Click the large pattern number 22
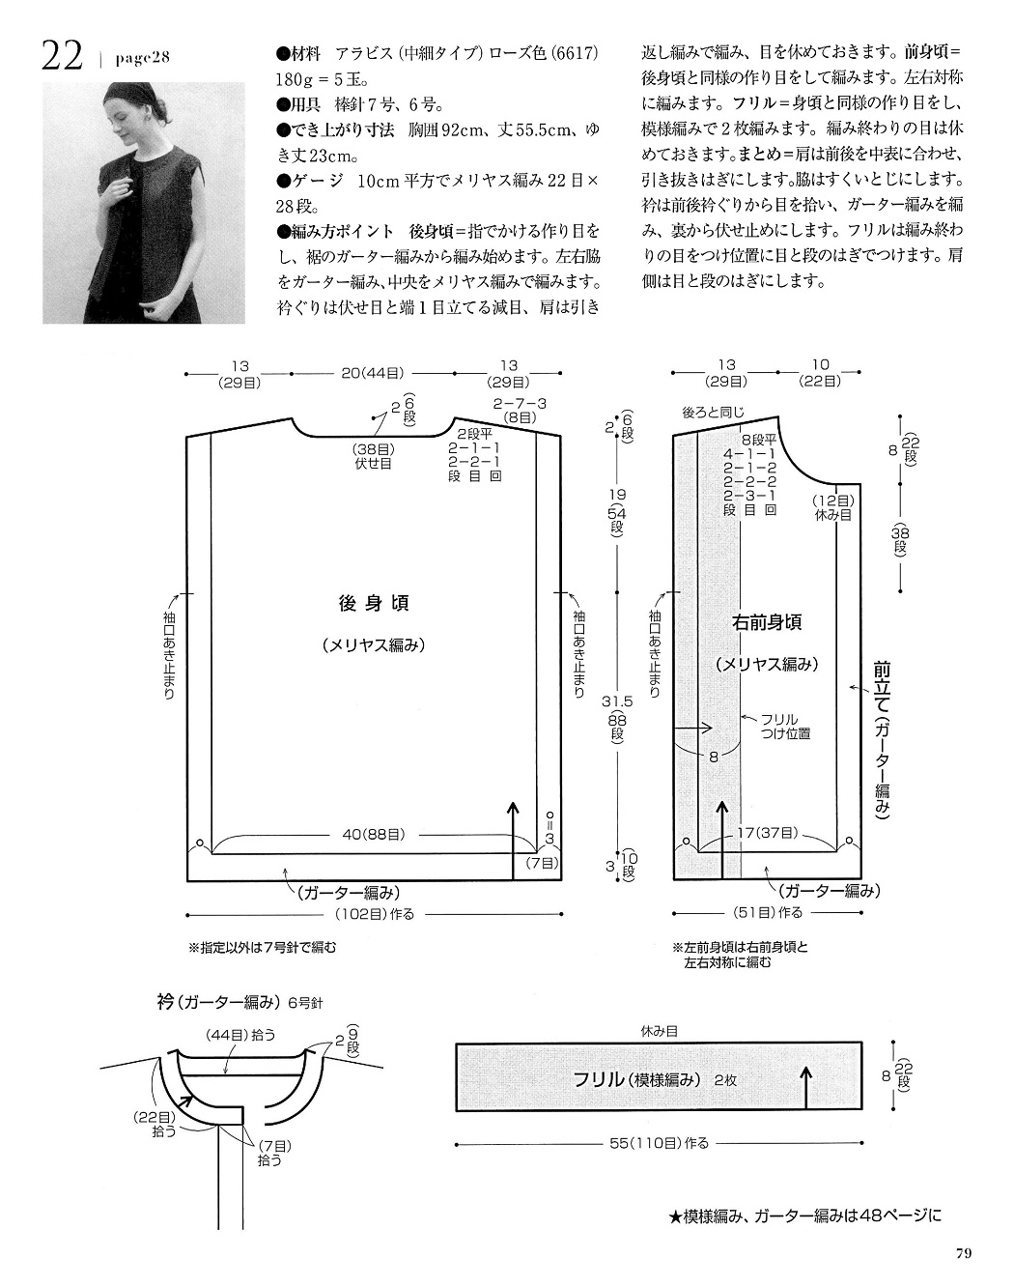tap(62, 57)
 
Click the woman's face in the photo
tap(129, 122)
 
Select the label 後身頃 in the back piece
tap(374, 604)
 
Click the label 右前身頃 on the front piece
tap(767, 622)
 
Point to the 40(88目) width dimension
tap(374, 834)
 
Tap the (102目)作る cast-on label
tap(375, 914)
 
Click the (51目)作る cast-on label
tap(768, 913)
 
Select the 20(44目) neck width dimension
tap(373, 373)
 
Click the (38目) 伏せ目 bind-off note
tap(373, 456)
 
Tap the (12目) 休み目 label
tap(832, 507)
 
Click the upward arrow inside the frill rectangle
tap(806, 1087)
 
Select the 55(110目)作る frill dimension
tap(659, 1143)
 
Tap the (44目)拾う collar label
tap(240, 1035)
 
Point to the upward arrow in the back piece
tap(513, 843)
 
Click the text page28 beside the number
tap(143, 58)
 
